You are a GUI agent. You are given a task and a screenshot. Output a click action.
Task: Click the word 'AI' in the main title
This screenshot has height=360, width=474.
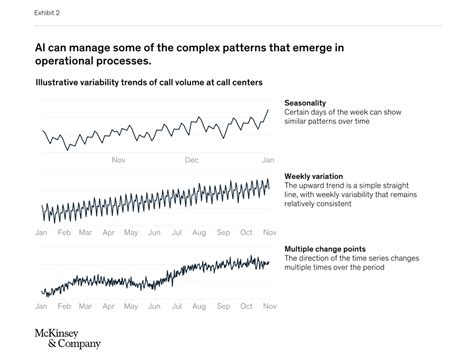42,47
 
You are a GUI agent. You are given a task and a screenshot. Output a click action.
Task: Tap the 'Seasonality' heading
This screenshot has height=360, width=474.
310,103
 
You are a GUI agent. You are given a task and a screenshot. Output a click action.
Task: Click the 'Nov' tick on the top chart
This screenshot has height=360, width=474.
118,159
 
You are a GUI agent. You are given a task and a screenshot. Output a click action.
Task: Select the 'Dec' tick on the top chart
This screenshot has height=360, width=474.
192,159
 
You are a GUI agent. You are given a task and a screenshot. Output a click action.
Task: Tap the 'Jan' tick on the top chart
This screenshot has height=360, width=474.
267,159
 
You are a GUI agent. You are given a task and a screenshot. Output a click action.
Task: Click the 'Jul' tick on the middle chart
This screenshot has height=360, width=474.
177,232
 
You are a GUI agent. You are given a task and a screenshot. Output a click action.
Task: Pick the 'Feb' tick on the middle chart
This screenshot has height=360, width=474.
64,232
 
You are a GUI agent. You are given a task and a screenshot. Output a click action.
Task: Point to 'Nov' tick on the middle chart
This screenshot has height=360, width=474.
268,232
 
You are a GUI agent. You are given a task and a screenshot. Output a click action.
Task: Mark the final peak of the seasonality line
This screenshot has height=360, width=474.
267,110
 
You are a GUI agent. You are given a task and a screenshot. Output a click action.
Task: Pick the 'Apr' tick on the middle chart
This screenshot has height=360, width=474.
109,232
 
